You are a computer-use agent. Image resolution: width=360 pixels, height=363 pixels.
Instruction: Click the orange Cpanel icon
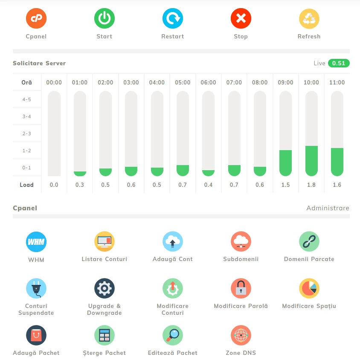click(x=36, y=18)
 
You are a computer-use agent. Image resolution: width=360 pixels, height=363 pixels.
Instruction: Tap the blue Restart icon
click(x=173, y=18)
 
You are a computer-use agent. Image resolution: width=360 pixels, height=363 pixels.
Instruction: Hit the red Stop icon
click(x=241, y=18)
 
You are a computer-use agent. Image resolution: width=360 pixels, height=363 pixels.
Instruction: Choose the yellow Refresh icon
click(x=309, y=18)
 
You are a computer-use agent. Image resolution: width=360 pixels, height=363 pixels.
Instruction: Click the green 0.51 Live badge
click(x=339, y=63)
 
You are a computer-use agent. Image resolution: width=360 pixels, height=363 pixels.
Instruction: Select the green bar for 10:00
click(x=311, y=161)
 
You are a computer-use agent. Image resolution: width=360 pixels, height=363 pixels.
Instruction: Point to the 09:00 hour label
click(x=285, y=82)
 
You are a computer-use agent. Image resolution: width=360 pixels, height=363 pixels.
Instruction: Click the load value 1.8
click(x=311, y=185)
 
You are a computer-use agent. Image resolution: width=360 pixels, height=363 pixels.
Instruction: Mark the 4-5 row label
click(x=27, y=99)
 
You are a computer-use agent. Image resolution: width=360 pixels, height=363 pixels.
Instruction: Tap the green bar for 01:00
click(x=80, y=174)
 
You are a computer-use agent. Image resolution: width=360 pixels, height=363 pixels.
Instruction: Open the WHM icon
click(x=36, y=242)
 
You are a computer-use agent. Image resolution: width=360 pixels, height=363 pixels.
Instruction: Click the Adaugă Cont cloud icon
click(x=173, y=242)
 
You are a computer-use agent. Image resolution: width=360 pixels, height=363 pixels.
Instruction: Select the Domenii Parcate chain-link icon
click(x=309, y=242)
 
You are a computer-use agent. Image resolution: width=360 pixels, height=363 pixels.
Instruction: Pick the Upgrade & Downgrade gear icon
click(x=105, y=288)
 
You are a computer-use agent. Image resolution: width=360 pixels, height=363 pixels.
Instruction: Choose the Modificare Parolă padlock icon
click(x=241, y=288)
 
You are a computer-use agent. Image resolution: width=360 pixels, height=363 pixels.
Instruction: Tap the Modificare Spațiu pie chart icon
click(x=309, y=288)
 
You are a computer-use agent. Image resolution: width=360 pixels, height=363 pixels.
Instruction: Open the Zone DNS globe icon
click(x=241, y=335)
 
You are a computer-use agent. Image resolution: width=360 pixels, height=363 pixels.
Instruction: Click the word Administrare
click(x=328, y=208)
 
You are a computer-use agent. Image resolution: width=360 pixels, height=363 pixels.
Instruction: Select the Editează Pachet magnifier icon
click(x=173, y=335)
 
